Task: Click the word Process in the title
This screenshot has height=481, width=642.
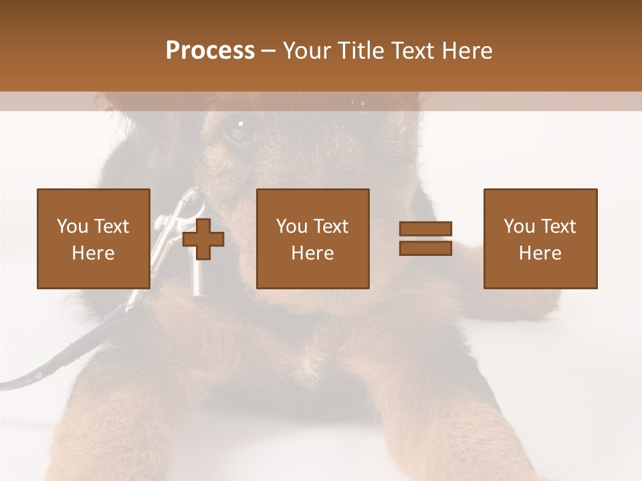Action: (x=210, y=51)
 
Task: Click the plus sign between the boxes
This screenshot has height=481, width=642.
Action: (x=203, y=239)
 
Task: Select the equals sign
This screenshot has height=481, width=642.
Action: (x=425, y=238)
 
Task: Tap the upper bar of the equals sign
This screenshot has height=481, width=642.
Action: (x=425, y=229)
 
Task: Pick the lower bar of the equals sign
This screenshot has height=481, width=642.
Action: (x=425, y=248)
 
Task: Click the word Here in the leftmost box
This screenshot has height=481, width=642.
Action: (x=93, y=253)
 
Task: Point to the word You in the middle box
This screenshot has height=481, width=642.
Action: (x=292, y=226)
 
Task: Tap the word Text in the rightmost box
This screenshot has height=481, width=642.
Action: (x=560, y=226)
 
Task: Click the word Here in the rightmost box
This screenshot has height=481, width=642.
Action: (x=540, y=253)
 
